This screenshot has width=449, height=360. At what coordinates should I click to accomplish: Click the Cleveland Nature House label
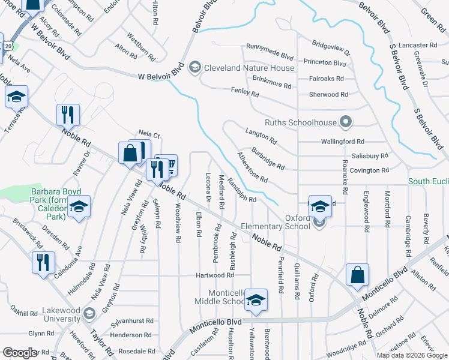[249, 68]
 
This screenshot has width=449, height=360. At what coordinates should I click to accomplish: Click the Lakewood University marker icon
[89, 313]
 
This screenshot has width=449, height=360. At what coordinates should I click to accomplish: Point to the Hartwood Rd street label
[214, 275]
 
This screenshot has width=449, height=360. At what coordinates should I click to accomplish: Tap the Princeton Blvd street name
[325, 63]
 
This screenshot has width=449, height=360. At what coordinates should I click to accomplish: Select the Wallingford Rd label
[343, 142]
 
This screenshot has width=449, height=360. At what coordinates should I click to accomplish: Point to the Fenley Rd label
[245, 94]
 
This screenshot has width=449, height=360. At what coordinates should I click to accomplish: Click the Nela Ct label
[149, 134]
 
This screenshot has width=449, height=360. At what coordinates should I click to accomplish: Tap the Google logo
[20, 352]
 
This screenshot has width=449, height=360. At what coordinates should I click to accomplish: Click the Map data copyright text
[412, 355]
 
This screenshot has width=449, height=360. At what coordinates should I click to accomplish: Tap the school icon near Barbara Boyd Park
[79, 208]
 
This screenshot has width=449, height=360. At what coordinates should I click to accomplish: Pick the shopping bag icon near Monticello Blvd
[357, 275]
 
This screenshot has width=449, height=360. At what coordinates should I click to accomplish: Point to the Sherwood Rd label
[328, 95]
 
